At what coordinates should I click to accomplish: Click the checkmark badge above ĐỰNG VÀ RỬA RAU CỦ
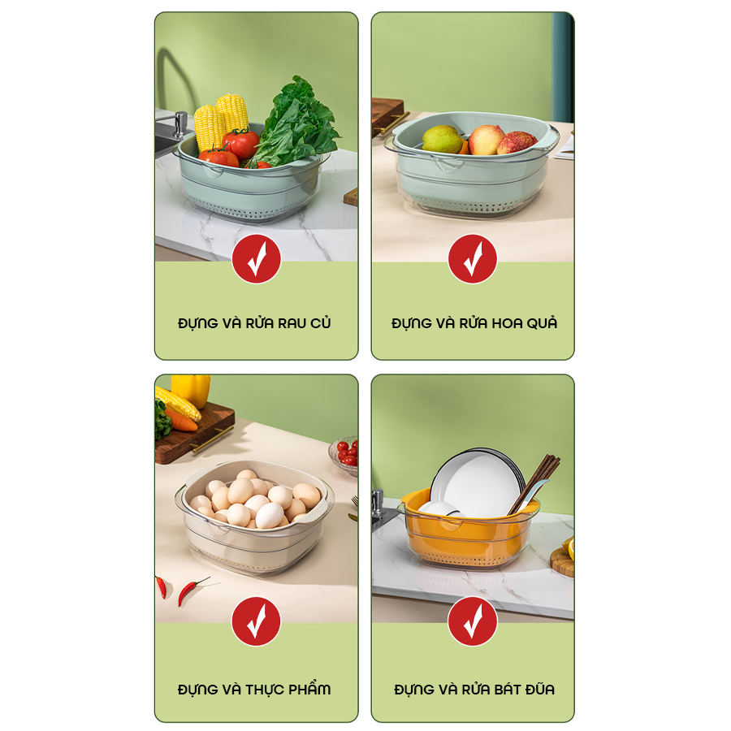[x=257, y=259]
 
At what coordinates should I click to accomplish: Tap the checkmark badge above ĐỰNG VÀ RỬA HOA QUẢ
[x=473, y=259]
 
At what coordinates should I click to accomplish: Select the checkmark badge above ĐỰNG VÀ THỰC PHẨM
[x=257, y=621]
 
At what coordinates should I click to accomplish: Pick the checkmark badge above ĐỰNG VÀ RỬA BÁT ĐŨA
[x=473, y=621]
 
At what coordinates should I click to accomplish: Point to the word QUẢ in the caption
[x=542, y=323]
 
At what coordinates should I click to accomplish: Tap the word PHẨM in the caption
[x=309, y=689]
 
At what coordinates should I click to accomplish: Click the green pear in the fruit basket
[x=443, y=140]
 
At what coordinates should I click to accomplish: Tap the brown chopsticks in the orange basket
[x=534, y=486]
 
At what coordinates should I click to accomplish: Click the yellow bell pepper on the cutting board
[x=191, y=390]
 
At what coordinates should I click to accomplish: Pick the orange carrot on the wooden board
[x=181, y=420]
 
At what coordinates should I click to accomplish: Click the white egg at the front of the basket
[x=270, y=515]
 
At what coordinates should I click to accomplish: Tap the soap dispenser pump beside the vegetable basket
[x=180, y=124]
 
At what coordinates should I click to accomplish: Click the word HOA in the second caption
[x=507, y=323]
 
